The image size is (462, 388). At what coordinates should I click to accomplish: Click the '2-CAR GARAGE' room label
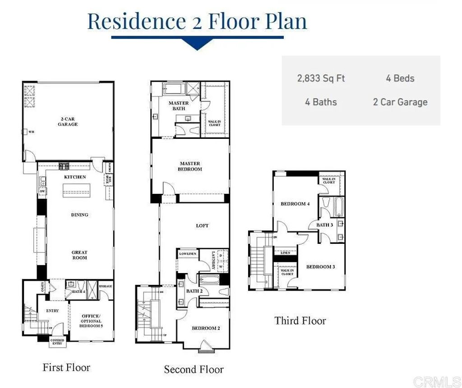(68, 121)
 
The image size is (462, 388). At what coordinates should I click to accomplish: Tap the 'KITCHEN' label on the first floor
(75, 177)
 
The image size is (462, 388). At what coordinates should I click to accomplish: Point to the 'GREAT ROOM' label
(79, 255)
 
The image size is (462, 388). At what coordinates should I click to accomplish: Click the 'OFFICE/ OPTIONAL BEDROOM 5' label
(91, 320)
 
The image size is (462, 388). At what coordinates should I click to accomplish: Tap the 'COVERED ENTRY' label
(57, 342)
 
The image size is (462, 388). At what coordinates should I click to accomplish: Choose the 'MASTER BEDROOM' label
(190, 166)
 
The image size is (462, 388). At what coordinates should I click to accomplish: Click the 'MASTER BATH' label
(178, 105)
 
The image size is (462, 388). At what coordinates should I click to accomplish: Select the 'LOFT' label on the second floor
(203, 225)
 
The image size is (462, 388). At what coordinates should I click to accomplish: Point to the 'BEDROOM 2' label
(206, 328)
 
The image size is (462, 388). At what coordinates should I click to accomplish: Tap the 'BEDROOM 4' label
(295, 204)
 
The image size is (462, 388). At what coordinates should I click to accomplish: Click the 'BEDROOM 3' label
(320, 267)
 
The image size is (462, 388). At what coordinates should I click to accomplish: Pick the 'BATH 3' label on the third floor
(324, 224)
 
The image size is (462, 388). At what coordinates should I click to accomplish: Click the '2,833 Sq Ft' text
(321, 78)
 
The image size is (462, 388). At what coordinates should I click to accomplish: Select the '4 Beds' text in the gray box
(400, 78)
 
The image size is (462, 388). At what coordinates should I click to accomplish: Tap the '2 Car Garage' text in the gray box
(400, 102)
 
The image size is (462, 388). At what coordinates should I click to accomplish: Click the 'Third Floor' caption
(300, 321)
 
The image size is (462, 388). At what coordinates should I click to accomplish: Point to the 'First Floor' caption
(66, 367)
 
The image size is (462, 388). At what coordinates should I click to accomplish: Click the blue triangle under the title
(197, 44)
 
